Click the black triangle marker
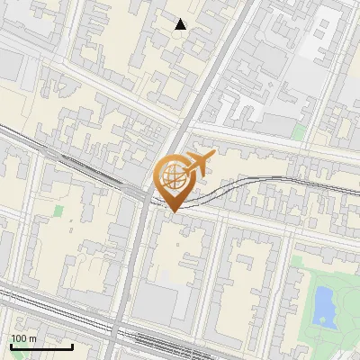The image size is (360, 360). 181,24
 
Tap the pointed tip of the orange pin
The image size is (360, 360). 172,211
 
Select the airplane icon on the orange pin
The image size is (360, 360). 196,164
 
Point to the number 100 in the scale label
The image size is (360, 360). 19,338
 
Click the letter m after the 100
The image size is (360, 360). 32,338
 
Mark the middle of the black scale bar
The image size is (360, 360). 40,346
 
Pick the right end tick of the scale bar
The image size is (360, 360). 72,346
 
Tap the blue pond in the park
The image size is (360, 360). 322,304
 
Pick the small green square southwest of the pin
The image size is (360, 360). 59,211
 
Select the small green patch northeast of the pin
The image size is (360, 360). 299,132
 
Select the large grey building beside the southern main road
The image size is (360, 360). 162,301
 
